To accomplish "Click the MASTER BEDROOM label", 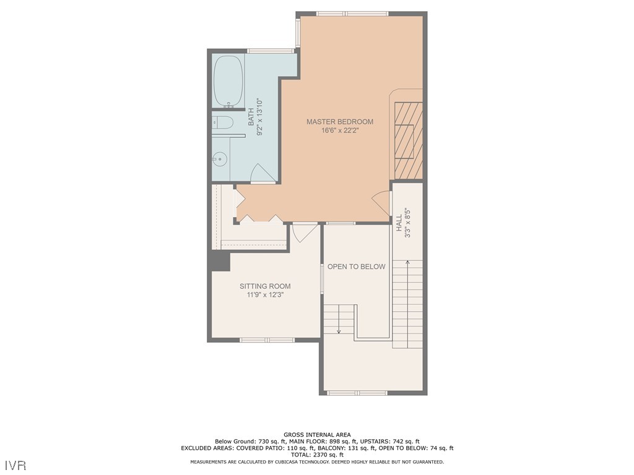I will click(x=340, y=122).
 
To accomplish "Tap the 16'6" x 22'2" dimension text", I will click(x=340, y=131).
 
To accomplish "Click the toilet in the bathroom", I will click(x=222, y=122).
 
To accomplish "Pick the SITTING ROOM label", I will click(x=265, y=286).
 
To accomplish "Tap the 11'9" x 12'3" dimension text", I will click(x=265, y=295).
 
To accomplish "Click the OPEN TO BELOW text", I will click(x=356, y=267).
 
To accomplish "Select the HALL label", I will click(x=399, y=223).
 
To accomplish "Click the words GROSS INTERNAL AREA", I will click(x=316, y=435).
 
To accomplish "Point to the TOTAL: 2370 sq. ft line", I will click(x=316, y=455).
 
